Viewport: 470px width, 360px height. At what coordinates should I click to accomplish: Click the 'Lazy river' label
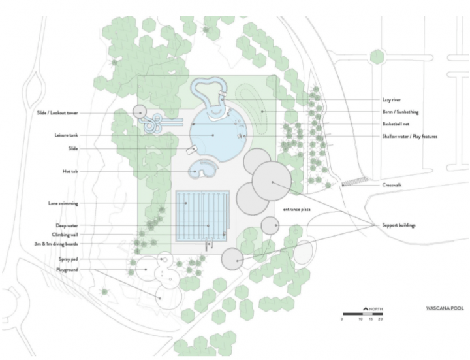coord(391,100)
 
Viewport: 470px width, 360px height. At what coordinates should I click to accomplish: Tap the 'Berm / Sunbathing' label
coord(400,112)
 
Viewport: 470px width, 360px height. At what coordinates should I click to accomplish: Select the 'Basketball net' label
coord(396,124)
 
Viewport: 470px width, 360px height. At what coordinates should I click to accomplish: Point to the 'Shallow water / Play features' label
coord(409,136)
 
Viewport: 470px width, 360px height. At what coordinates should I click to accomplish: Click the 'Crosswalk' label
coord(392,185)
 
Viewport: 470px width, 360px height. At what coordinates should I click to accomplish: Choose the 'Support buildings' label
coord(399,225)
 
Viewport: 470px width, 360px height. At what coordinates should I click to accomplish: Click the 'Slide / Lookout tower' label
coord(57,113)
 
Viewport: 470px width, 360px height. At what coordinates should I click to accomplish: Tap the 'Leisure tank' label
coord(66,135)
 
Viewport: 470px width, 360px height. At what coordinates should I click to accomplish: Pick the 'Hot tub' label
coord(70,171)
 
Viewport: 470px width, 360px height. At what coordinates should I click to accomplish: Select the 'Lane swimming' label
coord(63,203)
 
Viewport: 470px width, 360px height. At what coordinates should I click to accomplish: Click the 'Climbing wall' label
coord(65,235)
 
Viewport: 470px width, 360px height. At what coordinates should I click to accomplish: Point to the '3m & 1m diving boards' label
coord(56,244)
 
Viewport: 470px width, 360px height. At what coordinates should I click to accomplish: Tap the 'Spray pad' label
coord(69,259)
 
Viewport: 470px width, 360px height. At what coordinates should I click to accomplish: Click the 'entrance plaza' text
coord(296,209)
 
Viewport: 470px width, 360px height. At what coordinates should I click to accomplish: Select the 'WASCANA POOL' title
coord(445,308)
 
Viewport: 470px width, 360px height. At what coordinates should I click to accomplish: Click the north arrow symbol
coord(366,308)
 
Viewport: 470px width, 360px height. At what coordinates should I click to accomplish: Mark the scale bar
coord(363,314)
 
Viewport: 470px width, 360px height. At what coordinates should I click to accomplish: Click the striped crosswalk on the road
coord(356,181)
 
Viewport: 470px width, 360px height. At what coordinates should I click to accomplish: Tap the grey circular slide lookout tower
coord(140,112)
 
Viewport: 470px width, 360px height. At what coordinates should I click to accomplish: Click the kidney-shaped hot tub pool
coord(203,169)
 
